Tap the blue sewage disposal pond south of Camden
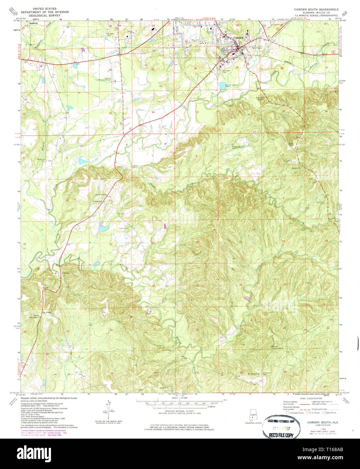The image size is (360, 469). click(x=222, y=86)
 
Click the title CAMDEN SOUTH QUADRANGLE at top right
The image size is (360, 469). click(x=311, y=9)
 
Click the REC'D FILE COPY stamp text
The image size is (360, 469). click(x=281, y=435)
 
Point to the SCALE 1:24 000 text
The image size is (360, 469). click(x=179, y=398)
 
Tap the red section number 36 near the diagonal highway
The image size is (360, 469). click(x=153, y=112)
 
